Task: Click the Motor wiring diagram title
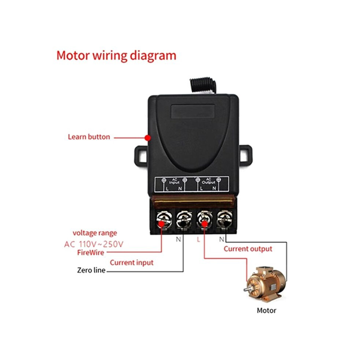point(116,56)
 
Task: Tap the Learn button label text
point(89,137)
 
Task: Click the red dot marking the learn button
point(148,138)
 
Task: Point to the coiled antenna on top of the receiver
point(203,86)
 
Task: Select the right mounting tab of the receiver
point(246,155)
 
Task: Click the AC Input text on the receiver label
point(174,181)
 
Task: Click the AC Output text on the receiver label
point(208,181)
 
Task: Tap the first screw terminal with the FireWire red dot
point(164,220)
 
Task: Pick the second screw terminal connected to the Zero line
point(184,220)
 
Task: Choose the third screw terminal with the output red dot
point(204,220)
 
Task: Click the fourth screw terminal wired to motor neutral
point(224,220)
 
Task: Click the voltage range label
point(95,233)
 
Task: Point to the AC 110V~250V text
point(94,244)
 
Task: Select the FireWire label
point(91,252)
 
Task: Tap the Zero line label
point(91,270)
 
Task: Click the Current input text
point(132,263)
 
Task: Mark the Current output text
point(248,249)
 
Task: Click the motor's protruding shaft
point(247,289)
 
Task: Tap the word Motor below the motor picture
point(267,311)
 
